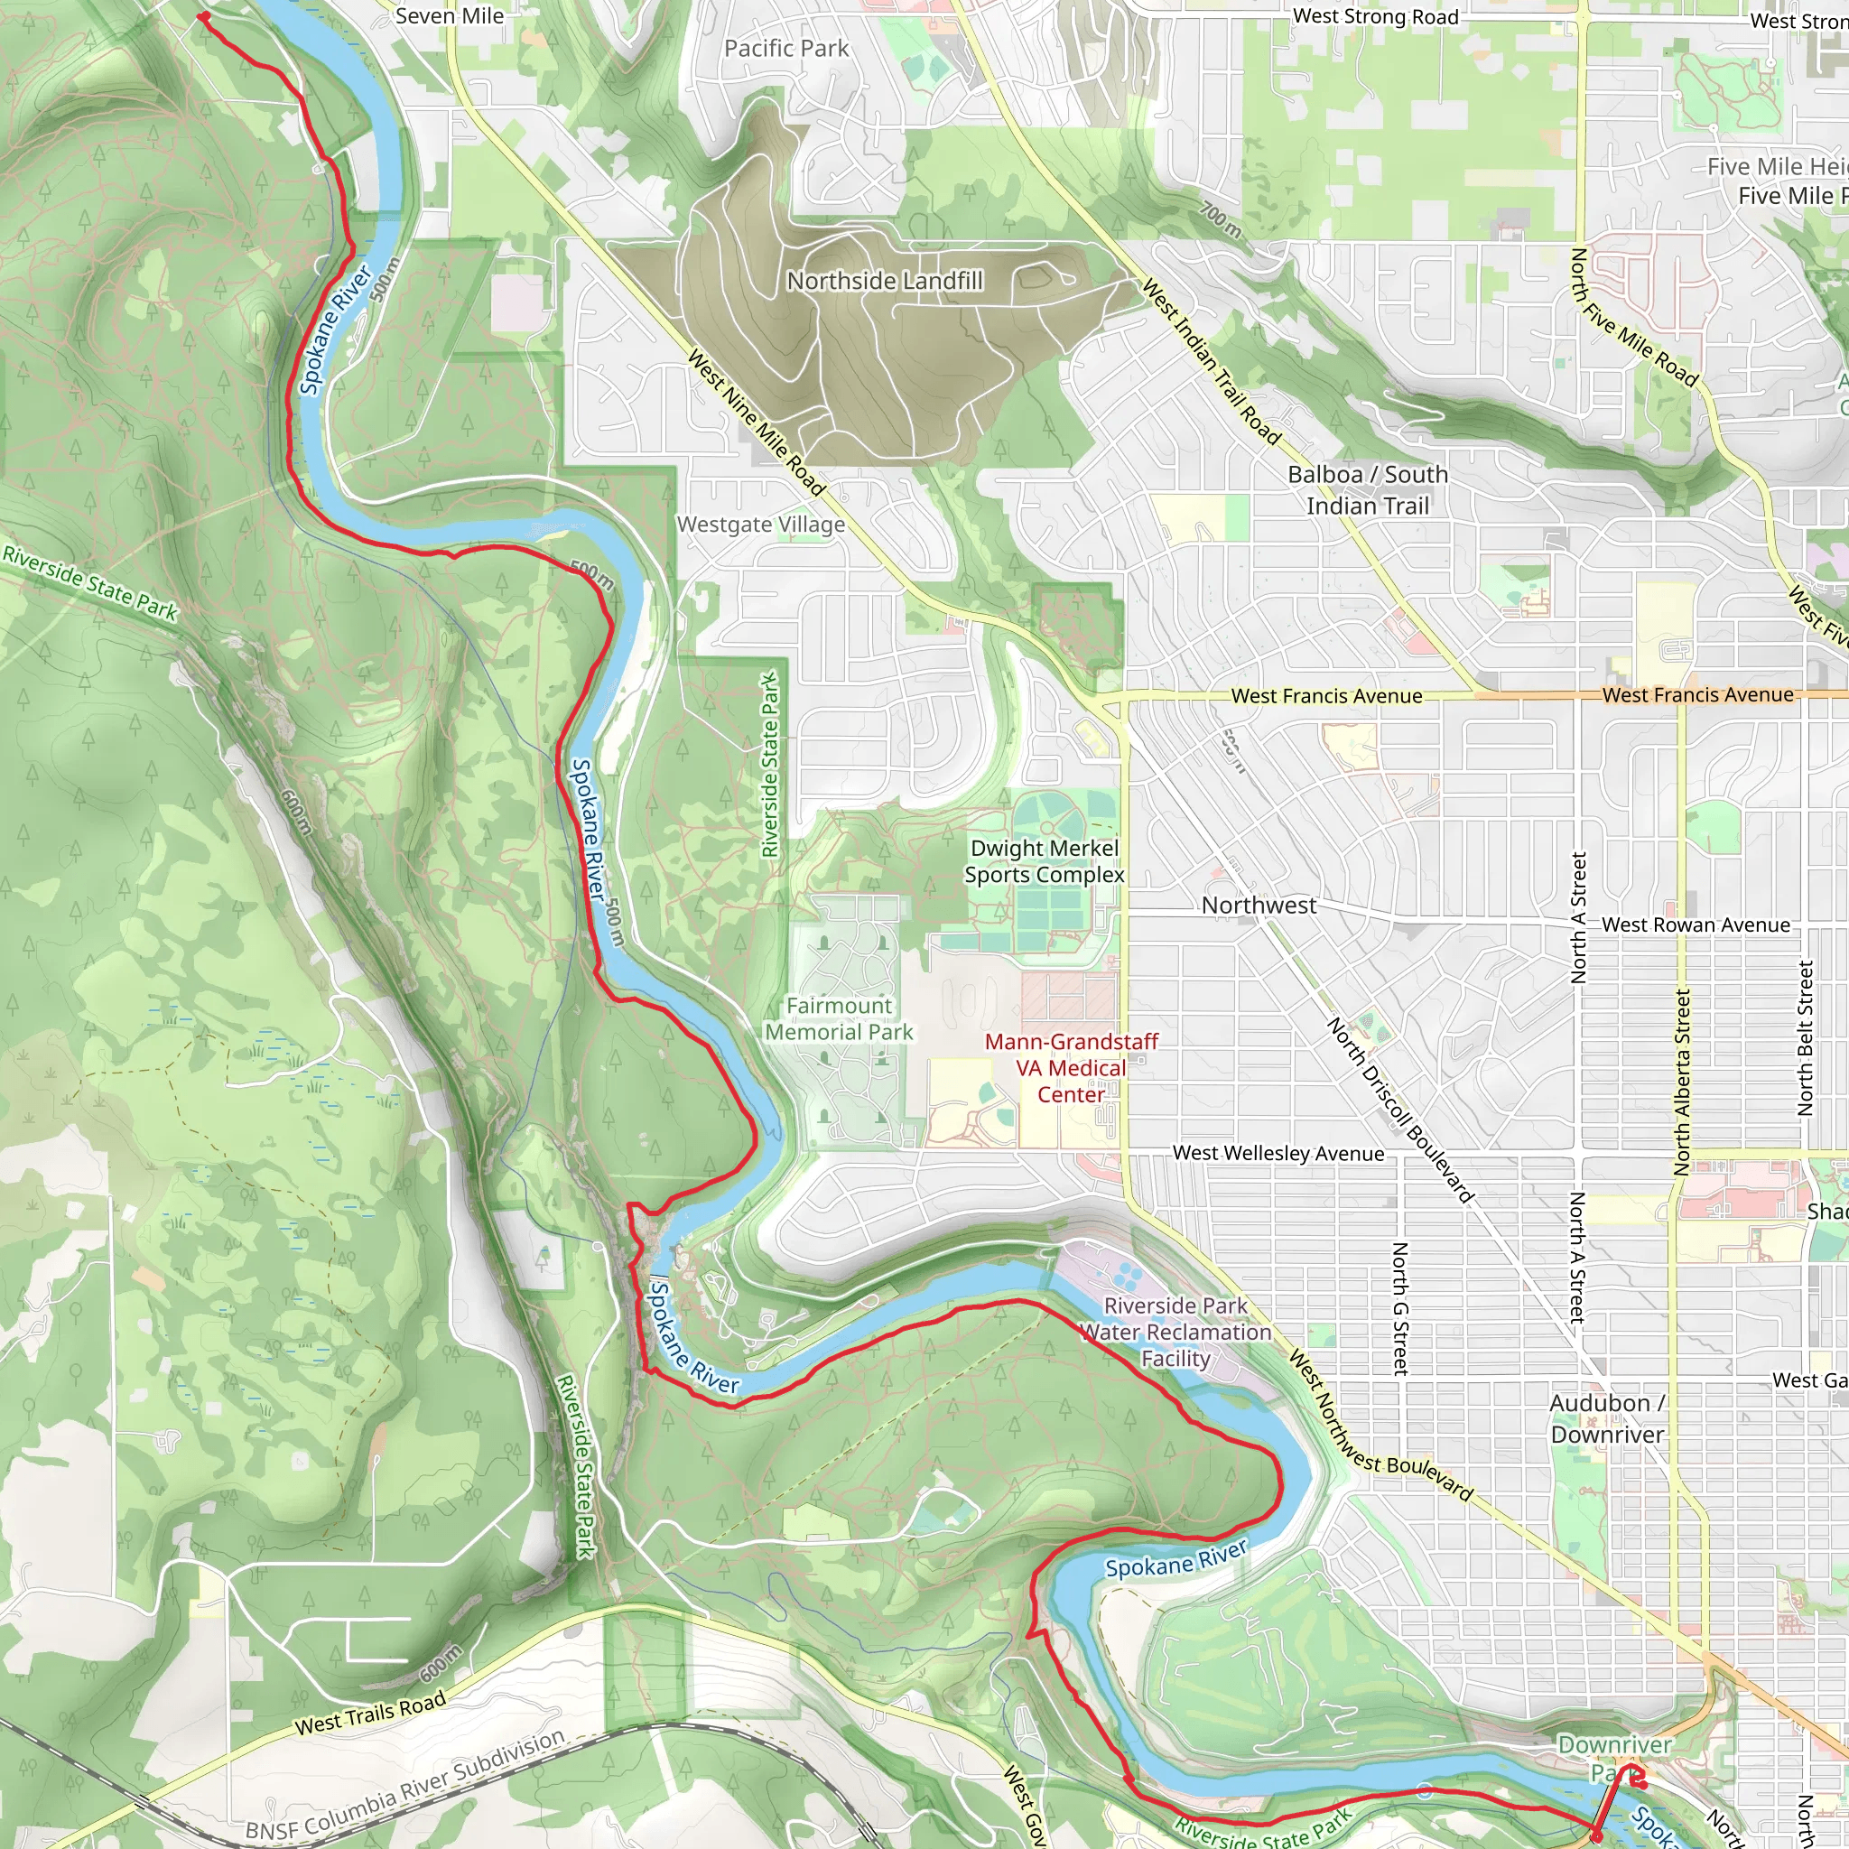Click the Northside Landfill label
(884, 281)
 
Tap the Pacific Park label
(785, 48)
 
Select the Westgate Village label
(761, 525)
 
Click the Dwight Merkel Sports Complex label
(1045, 861)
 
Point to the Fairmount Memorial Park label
(840, 1018)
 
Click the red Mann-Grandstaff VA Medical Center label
(1071, 1068)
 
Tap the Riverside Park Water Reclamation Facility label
(1175, 1333)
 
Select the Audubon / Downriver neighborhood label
(1607, 1418)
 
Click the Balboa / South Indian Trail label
(1368, 490)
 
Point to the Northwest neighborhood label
(1259, 906)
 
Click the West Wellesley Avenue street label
(1278, 1153)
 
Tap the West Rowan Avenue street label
(1695, 924)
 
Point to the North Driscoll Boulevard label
(1399, 1110)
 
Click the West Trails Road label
(370, 1712)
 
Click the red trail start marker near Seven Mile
(203, 16)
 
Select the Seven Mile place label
(449, 16)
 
